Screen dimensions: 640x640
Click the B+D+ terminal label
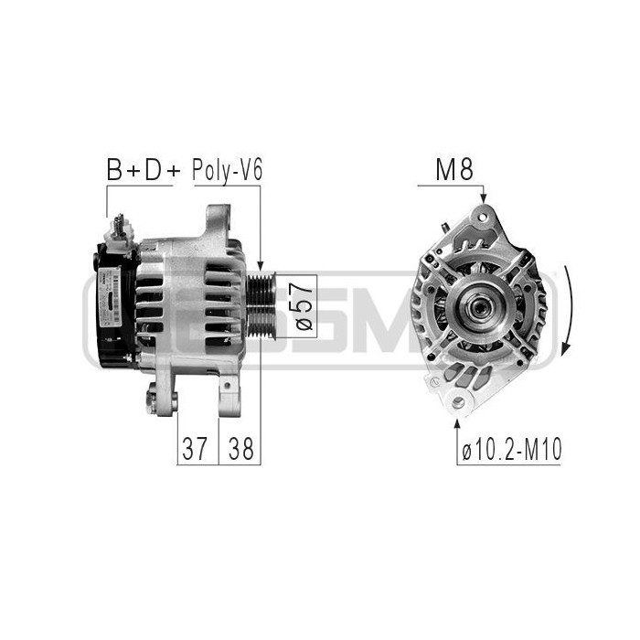tap(139, 170)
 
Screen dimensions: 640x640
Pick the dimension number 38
tap(240, 448)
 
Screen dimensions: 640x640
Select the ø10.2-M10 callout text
tap(512, 449)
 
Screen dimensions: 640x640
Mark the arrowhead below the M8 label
tap(483, 197)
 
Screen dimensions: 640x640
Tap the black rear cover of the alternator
tap(114, 306)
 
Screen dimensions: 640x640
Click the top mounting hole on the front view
tap(482, 219)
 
